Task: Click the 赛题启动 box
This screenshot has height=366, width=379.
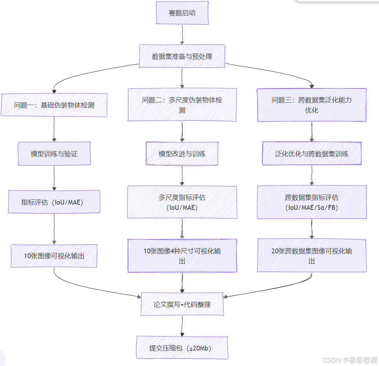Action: click(182, 13)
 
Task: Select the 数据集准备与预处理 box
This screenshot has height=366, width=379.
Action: click(182, 56)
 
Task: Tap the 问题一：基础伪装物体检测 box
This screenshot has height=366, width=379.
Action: click(54, 105)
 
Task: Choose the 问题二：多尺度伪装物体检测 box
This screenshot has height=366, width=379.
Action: click(182, 105)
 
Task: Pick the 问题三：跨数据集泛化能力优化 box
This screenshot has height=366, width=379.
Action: click(312, 105)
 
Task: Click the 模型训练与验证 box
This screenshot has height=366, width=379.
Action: click(54, 154)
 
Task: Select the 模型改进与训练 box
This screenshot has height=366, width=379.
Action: click(182, 154)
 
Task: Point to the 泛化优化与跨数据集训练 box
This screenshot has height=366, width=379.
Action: click(312, 154)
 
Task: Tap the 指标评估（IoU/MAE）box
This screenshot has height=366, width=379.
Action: click(54, 202)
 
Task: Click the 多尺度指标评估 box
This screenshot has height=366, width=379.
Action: click(182, 202)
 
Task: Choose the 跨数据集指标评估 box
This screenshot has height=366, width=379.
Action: click(312, 202)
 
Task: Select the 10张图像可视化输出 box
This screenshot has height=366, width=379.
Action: click(54, 256)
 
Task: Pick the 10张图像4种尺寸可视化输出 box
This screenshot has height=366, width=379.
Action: click(182, 256)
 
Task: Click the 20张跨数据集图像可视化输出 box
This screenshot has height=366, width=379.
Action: click(312, 256)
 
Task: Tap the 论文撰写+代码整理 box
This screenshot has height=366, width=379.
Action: click(182, 304)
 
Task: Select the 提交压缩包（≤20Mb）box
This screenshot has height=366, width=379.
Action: click(182, 348)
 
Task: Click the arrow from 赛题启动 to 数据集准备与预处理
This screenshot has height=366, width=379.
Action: click(182, 35)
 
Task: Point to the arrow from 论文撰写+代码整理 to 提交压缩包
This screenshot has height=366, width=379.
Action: click(182, 326)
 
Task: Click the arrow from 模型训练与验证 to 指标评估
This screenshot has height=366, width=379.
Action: click(54, 178)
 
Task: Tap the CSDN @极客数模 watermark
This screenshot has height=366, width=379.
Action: click(350, 360)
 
